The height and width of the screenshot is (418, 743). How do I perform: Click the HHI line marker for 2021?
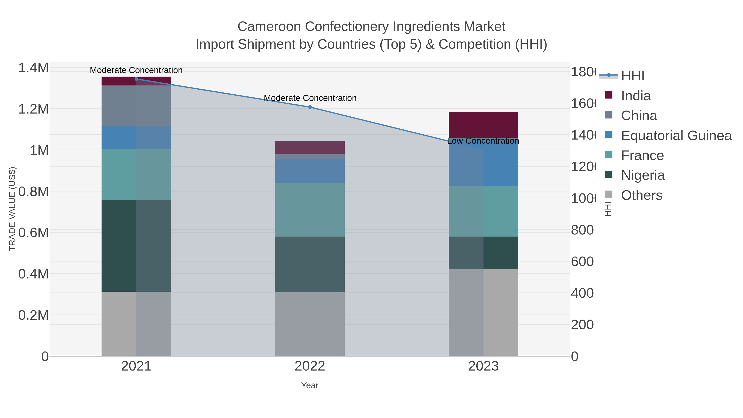click(136, 79)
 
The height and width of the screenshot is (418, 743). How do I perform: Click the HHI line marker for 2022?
click(310, 107)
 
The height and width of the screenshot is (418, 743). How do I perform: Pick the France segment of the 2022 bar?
click(310, 210)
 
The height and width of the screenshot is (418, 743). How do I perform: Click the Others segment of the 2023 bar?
click(483, 313)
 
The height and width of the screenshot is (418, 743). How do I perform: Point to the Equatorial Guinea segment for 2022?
click(310, 171)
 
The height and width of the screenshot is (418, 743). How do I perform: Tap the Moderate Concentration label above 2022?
click(310, 98)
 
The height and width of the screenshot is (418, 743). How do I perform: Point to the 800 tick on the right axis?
click(582, 230)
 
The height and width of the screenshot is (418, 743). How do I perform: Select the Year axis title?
click(310, 385)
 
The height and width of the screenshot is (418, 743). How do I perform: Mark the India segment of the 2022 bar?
click(310, 147)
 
